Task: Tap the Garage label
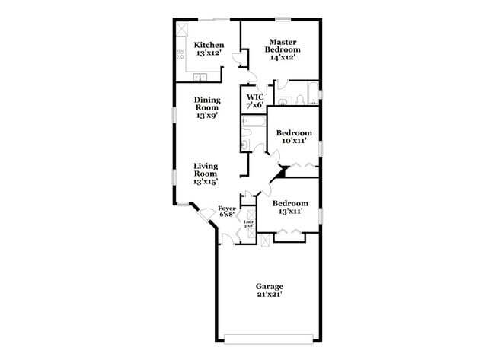tap(270, 287)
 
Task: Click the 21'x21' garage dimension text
tap(270, 295)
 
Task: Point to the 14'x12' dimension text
tap(280, 56)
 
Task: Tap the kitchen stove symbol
tap(180, 54)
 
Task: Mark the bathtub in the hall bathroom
tap(252, 121)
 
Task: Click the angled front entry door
tap(205, 214)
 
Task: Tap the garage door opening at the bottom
tap(269, 337)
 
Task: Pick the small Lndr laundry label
tap(247, 223)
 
